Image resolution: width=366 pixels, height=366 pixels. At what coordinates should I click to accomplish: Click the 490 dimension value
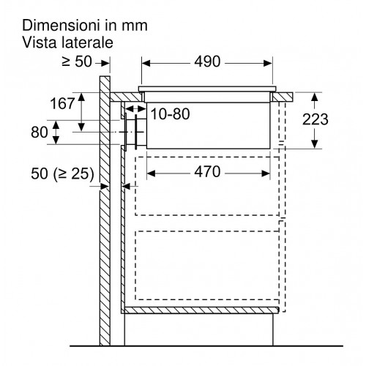point(207,61)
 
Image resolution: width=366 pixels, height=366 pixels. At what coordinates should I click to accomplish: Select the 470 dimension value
point(207,171)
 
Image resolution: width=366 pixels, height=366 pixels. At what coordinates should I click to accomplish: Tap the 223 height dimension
point(315,119)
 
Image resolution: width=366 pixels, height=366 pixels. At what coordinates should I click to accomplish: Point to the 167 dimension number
point(62,103)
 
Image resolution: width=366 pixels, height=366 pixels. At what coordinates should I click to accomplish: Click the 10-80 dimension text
point(171,114)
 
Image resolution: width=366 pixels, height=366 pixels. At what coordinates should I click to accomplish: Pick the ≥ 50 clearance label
point(77,61)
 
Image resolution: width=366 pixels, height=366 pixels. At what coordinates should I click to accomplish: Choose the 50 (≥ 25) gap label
point(62,173)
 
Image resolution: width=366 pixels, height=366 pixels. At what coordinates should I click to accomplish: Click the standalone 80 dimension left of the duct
point(40,132)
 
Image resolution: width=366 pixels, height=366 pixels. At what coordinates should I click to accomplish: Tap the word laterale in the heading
point(87,42)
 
